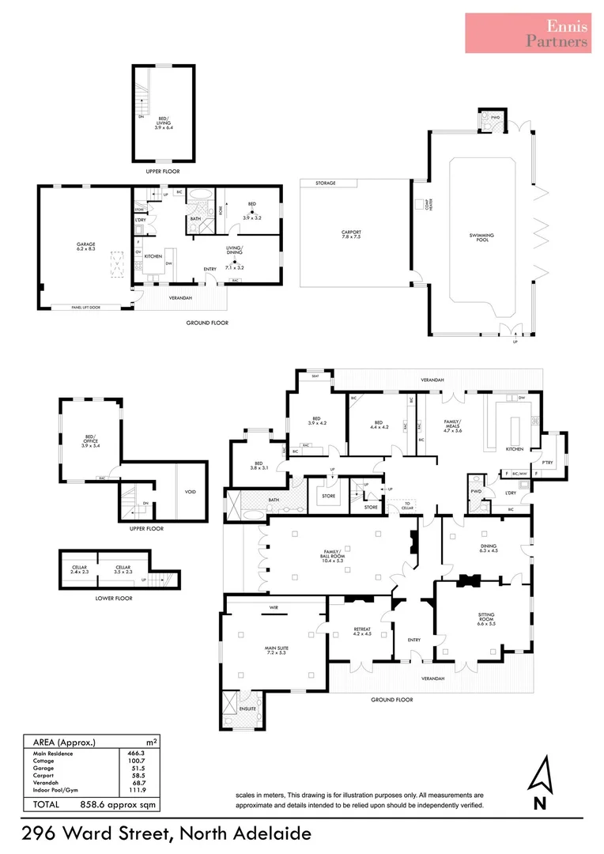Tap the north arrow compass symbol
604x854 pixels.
[x=540, y=782]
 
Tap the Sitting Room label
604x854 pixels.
[x=485, y=618]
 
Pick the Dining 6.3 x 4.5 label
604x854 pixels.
[x=489, y=548]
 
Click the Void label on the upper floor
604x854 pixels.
[x=190, y=492]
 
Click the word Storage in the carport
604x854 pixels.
[x=326, y=183]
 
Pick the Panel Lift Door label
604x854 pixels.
[x=85, y=307]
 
